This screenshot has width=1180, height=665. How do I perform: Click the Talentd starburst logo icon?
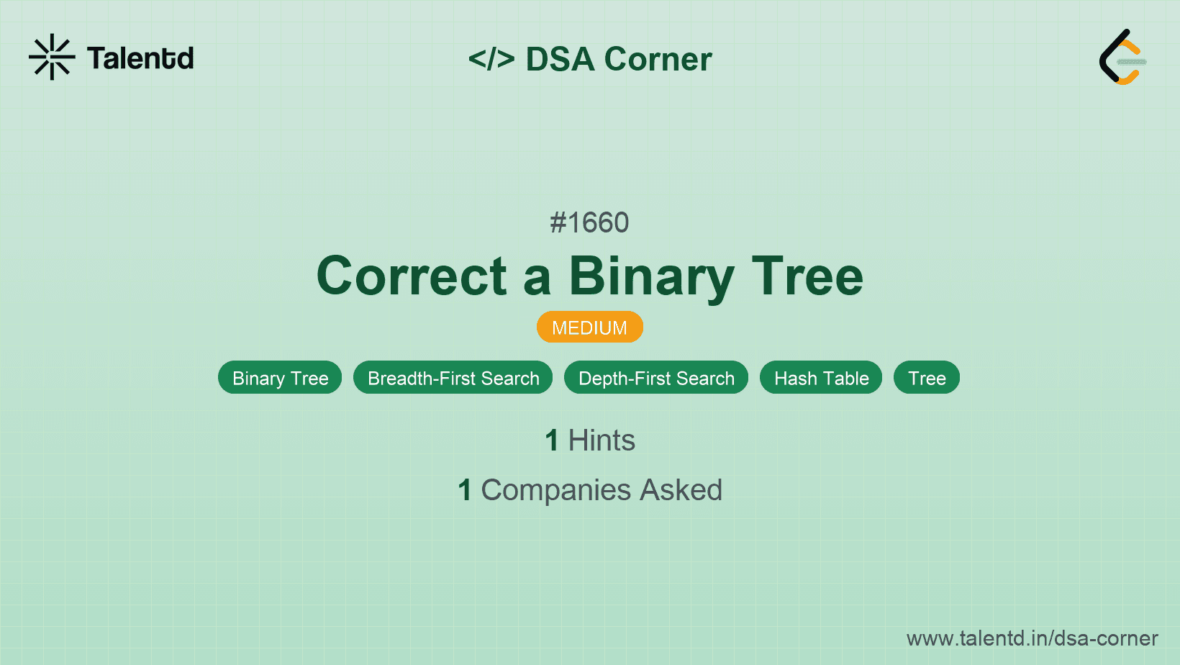point(52,57)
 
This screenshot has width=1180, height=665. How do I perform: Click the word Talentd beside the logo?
point(140,58)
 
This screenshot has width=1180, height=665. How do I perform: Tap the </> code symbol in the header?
point(491,58)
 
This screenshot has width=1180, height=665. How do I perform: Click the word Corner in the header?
point(658,58)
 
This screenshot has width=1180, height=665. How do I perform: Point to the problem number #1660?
point(589,222)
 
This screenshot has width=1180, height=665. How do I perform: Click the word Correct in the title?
point(412,276)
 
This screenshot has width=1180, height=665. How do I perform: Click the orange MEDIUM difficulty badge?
point(590,327)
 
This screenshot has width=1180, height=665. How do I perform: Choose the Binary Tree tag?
point(280,377)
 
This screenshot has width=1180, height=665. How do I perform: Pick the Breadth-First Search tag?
point(453,377)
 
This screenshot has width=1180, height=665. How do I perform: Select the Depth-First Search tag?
point(656,377)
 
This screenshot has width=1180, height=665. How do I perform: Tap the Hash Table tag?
point(821,377)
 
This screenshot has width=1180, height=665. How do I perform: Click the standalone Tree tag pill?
point(927,377)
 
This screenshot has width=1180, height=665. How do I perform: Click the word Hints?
point(602,440)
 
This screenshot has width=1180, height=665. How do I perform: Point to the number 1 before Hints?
point(552,440)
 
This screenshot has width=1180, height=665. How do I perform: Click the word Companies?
point(555,491)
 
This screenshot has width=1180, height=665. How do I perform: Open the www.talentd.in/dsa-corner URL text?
point(1032,638)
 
